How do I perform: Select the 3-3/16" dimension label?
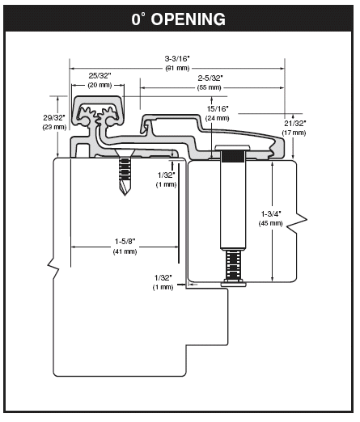[x=177, y=58]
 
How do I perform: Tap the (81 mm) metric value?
[x=177, y=67]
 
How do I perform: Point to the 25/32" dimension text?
[x=100, y=75]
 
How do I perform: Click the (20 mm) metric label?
[x=100, y=85]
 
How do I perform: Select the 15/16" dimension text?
[x=218, y=108]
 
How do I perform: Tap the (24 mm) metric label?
[x=218, y=118]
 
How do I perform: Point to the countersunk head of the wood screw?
[x=125, y=153]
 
